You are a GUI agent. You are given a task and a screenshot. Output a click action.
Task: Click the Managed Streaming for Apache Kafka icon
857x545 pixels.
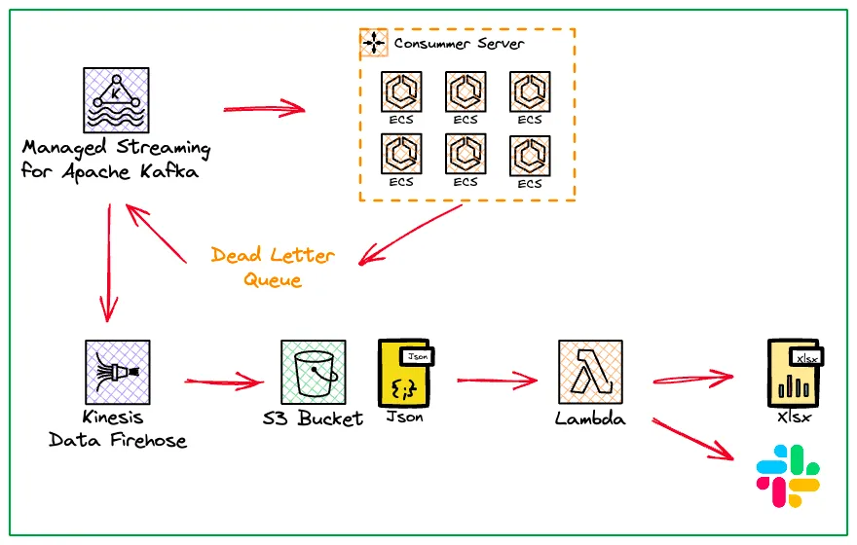tap(116, 99)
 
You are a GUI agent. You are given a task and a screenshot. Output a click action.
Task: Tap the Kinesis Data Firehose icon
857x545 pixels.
tap(117, 372)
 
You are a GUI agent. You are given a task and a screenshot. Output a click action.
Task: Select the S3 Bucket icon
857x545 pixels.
tap(313, 372)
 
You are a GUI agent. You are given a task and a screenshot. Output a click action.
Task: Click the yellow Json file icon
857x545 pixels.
tap(404, 372)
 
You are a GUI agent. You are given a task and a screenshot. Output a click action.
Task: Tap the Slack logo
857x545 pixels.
tap(788, 476)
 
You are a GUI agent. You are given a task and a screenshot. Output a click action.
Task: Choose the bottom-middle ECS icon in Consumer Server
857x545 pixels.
tap(466, 154)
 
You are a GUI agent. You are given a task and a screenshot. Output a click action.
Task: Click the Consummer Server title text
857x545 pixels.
tap(459, 44)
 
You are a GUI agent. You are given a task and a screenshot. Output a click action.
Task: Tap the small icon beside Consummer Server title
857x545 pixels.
tap(375, 44)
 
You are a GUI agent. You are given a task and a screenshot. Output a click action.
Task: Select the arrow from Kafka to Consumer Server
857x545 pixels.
tap(265, 107)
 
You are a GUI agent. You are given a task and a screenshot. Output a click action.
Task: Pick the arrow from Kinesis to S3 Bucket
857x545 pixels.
tap(224, 381)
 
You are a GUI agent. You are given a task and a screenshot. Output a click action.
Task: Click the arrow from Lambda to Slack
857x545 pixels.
tap(693, 439)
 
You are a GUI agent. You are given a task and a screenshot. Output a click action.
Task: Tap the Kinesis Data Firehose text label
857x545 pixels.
tap(118, 429)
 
